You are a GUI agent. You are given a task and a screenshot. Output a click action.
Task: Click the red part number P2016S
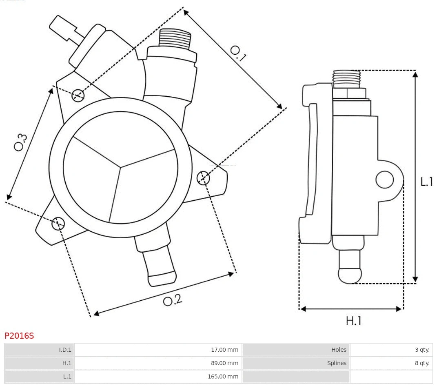pos(19,336)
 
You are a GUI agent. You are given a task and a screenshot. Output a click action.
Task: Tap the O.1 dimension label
pos(238,53)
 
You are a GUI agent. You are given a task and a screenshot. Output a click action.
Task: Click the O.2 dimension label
pos(173,300)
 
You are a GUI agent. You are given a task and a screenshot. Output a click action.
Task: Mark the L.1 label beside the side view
pos(427,182)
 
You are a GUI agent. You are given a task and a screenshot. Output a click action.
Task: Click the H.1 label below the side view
pos(354,321)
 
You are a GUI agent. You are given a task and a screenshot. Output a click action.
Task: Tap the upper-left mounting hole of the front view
pos(78,95)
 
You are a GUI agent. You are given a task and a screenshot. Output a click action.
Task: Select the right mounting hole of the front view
pos(203,178)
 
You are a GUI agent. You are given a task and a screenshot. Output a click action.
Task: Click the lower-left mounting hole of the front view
pos(58,223)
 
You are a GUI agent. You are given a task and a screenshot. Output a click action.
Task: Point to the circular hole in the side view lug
pos(384,180)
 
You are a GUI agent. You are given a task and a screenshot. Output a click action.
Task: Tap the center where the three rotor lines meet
pos(120,166)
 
